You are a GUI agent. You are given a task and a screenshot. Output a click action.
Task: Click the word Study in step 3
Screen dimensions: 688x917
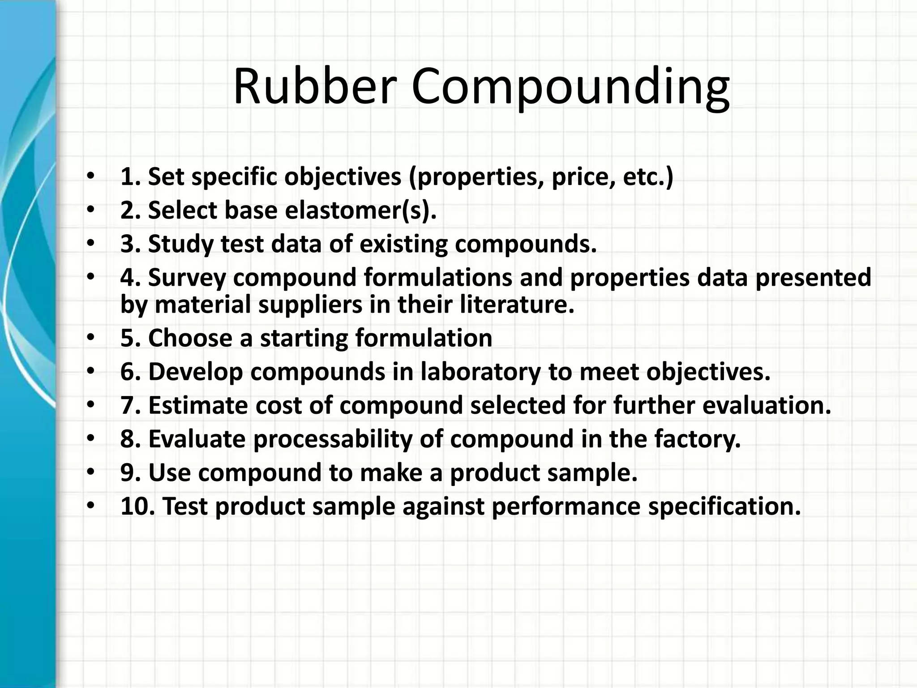[x=180, y=244]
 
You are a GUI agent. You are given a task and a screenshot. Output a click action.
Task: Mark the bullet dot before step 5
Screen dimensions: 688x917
[x=91, y=338]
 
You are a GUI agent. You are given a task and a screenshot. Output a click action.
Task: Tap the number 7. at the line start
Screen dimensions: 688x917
[x=131, y=405]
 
